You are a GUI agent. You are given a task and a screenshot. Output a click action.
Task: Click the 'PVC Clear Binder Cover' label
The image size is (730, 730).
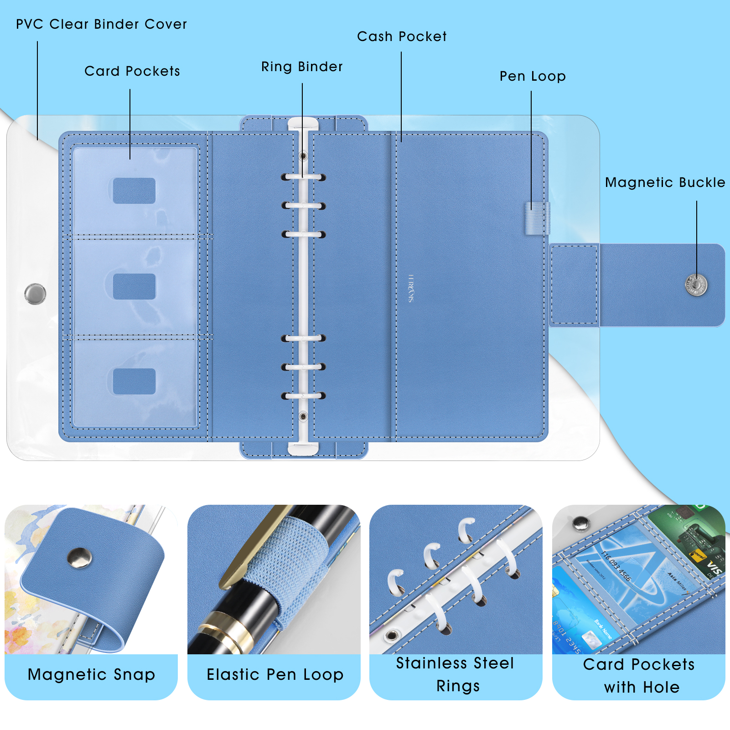click(x=101, y=24)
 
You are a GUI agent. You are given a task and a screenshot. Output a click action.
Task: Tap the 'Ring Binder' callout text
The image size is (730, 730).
click(x=302, y=67)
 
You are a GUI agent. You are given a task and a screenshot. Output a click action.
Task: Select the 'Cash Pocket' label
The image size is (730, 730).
click(x=402, y=36)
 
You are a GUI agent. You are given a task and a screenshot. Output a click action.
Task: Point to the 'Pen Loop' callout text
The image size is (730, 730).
click(x=533, y=76)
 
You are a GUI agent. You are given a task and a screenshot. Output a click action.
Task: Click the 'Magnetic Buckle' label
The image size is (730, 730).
click(x=665, y=182)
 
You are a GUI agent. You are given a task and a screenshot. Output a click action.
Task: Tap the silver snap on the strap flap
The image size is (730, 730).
click(x=696, y=285)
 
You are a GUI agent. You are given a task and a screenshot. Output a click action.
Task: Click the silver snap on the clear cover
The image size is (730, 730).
click(x=35, y=294)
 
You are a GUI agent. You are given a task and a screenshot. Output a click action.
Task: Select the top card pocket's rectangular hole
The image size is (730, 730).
click(x=134, y=191)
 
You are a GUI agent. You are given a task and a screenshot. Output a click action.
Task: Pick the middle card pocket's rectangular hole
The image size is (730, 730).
click(x=134, y=286)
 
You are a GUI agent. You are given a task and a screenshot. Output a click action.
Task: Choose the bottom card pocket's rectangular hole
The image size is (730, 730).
click(x=134, y=381)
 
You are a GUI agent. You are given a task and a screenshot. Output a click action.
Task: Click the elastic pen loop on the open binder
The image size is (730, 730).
click(x=537, y=218)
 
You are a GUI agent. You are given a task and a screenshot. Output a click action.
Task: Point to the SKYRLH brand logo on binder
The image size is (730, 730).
click(x=411, y=288)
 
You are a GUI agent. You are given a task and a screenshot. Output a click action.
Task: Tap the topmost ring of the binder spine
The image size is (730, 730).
click(x=303, y=177)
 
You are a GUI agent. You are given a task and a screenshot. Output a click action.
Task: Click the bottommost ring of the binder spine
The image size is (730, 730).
click(x=303, y=395)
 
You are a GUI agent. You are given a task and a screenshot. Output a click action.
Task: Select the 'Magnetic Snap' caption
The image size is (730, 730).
click(x=91, y=674)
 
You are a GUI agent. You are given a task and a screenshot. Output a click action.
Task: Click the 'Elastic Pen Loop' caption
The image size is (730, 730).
click(x=274, y=674)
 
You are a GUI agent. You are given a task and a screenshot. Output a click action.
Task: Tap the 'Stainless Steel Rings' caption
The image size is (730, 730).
click(x=456, y=674)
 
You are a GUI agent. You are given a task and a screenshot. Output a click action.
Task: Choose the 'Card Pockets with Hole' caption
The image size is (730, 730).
click(x=639, y=675)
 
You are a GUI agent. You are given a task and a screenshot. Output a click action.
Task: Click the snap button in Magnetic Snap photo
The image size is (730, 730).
click(x=79, y=558)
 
